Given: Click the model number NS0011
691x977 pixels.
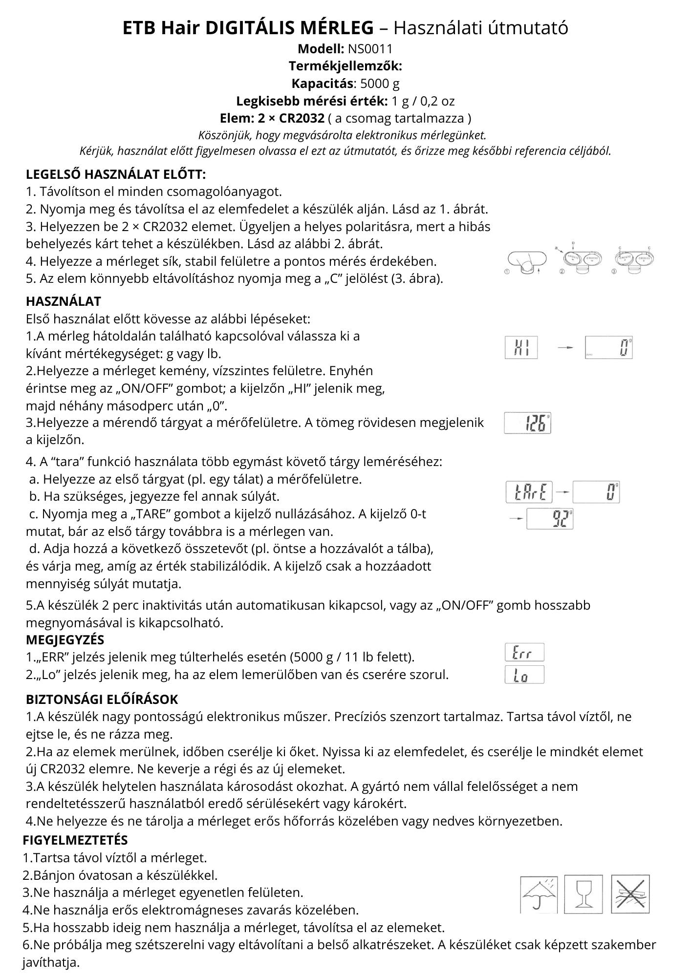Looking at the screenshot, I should (x=369, y=49).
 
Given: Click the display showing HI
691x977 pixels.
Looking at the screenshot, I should (x=521, y=348).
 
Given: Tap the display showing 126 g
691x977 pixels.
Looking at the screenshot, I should (x=527, y=423).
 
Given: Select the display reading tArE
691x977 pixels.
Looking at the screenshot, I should (x=529, y=492).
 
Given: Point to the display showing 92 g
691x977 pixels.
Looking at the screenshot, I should (x=549, y=519).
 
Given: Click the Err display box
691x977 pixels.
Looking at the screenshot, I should (x=524, y=653).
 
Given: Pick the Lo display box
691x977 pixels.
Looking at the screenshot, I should (x=524, y=675).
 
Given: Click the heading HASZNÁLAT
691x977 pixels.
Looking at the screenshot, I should (x=64, y=301).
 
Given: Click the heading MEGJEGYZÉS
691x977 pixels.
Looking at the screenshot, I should (x=65, y=639).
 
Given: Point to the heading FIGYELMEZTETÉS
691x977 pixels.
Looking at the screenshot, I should (x=75, y=840).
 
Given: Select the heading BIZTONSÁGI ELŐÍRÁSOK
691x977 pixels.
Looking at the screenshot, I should (x=102, y=700).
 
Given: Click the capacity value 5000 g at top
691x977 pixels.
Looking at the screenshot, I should (x=380, y=84).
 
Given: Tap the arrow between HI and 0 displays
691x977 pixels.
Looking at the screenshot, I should (x=565, y=348).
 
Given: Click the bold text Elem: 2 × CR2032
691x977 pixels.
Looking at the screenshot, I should (x=272, y=118).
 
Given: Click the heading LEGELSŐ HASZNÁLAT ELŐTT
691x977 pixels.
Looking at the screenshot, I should (x=116, y=174).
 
